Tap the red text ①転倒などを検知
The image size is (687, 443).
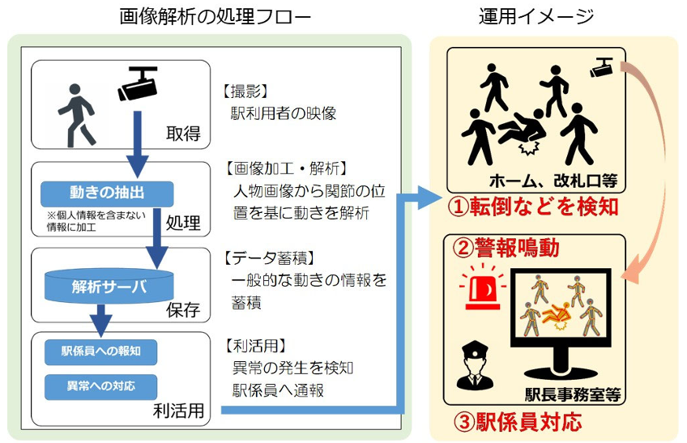(x=534, y=206)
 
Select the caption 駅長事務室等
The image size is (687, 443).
(x=572, y=395)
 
